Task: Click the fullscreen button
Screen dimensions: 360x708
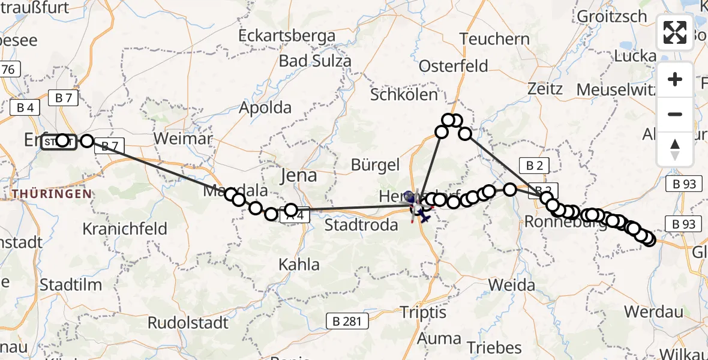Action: [675, 32]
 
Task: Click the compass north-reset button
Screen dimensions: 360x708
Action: [675, 149]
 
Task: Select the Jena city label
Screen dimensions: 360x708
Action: [299, 175]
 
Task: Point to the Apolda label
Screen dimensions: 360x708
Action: [265, 108]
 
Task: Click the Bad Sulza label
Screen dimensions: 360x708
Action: [315, 61]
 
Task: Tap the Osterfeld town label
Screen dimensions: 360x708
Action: [454, 65]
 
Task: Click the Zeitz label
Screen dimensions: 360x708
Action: [545, 89]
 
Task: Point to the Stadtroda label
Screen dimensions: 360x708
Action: [361, 225]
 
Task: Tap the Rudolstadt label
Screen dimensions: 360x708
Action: [188, 323]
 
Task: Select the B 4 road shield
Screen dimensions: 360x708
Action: [25, 108]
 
